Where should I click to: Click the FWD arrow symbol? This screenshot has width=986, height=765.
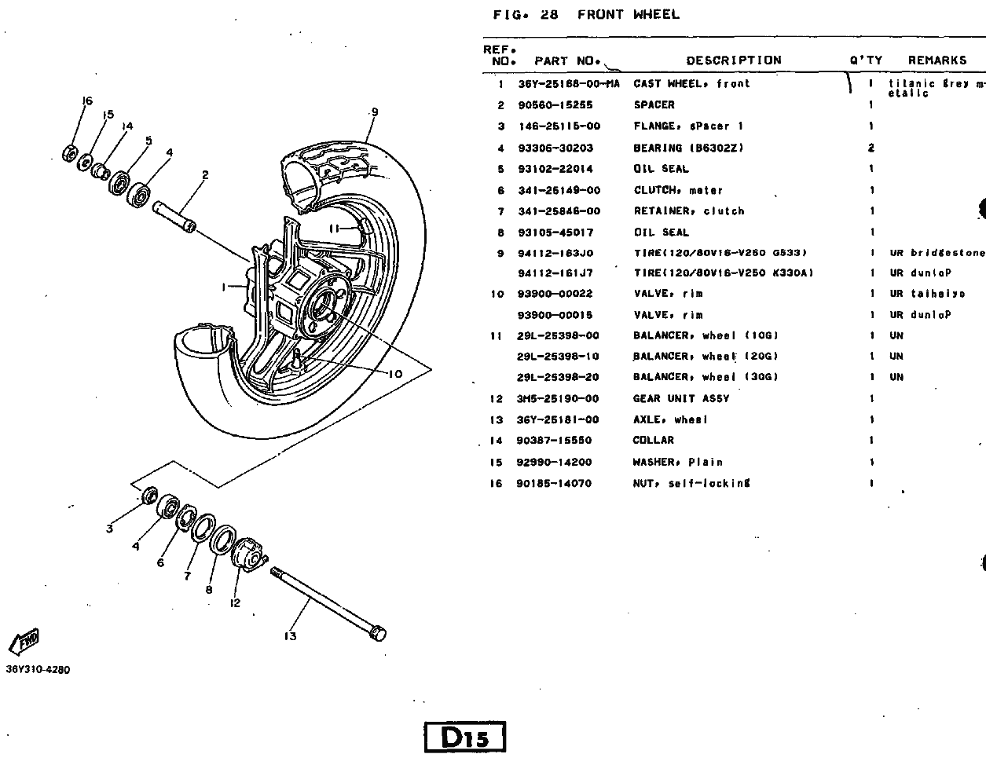[x=24, y=641]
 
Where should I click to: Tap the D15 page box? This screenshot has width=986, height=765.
[x=465, y=737]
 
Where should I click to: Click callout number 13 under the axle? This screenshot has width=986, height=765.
[x=290, y=636]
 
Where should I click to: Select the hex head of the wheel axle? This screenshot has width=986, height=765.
[x=378, y=632]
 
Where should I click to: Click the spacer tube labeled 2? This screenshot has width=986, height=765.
[x=174, y=217]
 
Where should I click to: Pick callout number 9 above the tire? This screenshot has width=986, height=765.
[x=374, y=112]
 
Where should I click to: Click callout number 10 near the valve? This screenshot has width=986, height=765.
[x=395, y=374]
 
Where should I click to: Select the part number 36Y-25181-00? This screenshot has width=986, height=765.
[x=558, y=419]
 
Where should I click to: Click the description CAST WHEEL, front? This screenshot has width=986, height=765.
[x=691, y=83]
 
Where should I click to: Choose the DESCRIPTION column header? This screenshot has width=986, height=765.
[x=734, y=60]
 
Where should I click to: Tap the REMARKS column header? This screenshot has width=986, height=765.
[x=937, y=60]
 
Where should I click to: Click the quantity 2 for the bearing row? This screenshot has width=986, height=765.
[x=871, y=148]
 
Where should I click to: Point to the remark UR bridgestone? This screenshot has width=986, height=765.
[x=937, y=253]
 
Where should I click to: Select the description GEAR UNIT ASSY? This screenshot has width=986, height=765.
[x=681, y=398]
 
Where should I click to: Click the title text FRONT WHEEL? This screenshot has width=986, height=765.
[x=629, y=14]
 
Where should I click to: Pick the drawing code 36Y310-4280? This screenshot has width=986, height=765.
[x=38, y=670]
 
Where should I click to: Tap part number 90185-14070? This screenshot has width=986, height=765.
[x=554, y=483]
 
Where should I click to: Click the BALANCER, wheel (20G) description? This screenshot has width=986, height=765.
[x=706, y=357]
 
